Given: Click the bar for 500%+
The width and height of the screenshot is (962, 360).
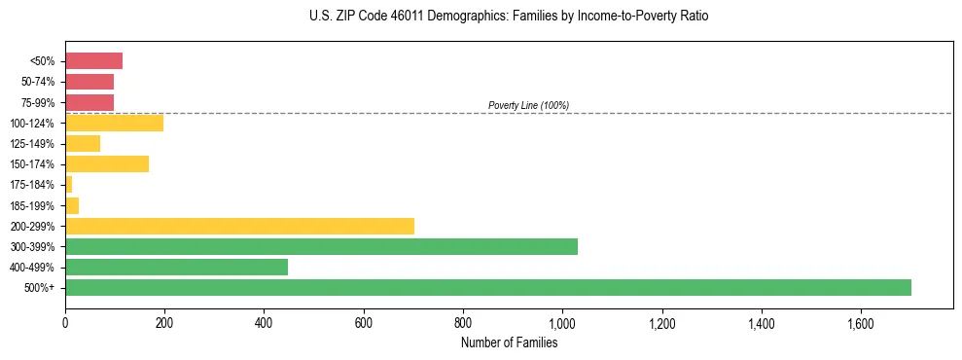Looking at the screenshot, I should (x=487, y=287).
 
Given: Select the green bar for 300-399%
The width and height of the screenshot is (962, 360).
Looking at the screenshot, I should (x=321, y=246).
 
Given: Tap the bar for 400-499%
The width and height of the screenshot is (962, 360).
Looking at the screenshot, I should (x=176, y=267).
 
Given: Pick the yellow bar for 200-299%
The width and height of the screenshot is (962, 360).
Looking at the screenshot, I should (x=239, y=226).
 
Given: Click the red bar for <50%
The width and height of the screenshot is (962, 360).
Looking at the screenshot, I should (x=93, y=61).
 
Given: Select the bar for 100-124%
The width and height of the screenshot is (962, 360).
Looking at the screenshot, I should (x=114, y=123).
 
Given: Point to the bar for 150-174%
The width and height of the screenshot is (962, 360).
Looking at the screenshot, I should (x=107, y=164).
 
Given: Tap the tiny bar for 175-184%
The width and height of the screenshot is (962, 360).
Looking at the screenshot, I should (x=69, y=185).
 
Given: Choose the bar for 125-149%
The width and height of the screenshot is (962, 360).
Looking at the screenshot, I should (x=83, y=144).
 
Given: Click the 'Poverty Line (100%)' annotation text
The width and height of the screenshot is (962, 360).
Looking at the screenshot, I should (x=528, y=105).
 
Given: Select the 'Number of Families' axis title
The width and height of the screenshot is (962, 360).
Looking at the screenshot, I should (x=509, y=342).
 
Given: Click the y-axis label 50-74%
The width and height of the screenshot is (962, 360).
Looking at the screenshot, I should (x=39, y=82).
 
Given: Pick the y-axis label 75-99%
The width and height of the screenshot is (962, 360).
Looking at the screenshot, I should (x=39, y=102).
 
